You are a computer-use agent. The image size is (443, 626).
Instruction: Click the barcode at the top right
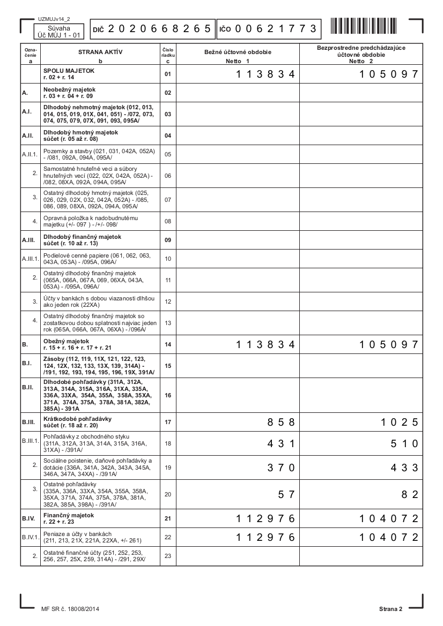[x=364, y=26]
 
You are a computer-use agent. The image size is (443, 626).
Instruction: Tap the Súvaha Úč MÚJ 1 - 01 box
[x=58, y=32]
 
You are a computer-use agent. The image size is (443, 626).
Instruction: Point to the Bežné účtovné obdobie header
[x=238, y=52]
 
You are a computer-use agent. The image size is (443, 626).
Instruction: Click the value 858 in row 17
[x=281, y=422]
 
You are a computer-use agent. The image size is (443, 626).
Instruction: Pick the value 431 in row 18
[x=281, y=444]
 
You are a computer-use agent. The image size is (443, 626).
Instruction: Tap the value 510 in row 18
[x=404, y=444]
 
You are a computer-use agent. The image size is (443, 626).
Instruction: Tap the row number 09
[x=168, y=240]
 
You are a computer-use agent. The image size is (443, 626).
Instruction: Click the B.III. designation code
[x=28, y=422]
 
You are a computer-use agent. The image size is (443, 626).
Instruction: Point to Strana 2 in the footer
[x=390, y=609]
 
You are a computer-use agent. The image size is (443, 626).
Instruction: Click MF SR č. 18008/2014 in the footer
[x=69, y=609]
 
